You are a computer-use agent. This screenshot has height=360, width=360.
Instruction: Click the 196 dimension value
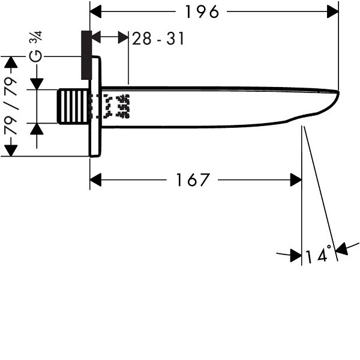tap(202, 12)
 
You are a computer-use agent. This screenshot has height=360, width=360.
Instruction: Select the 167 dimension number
tap(193, 180)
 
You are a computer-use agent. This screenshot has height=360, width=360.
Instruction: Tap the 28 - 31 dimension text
tap(158, 38)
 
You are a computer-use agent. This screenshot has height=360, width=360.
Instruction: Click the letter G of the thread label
tap(36, 56)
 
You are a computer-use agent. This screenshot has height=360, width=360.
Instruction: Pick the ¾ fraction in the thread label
tap(35, 36)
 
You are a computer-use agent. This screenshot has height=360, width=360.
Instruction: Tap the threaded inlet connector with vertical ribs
tap(73, 106)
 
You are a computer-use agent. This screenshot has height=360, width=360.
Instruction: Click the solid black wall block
tap(86, 55)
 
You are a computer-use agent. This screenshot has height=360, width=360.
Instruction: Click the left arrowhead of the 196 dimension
tap(95, 11)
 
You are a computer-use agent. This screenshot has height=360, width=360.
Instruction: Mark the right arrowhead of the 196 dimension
tap(333, 11)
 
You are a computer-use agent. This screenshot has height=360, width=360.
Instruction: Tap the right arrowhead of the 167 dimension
tap(296, 180)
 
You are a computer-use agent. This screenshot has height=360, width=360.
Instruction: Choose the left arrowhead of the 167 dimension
tap(95, 180)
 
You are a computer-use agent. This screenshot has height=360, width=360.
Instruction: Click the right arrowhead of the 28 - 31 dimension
tap(123, 37)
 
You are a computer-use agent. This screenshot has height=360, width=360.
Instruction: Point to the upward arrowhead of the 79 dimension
tap(11, 62)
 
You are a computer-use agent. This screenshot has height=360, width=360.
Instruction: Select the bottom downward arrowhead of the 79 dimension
tap(11, 151)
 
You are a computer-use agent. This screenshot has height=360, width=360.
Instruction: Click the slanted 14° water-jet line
tap(321, 193)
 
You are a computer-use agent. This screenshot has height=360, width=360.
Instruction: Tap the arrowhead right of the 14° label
tap(341, 248)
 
